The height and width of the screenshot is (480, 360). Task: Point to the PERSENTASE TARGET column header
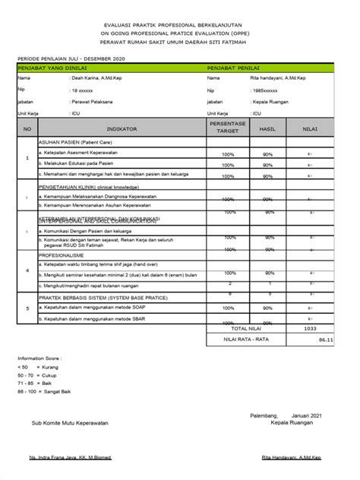tap(228, 130)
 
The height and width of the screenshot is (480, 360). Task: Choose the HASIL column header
tap(268, 130)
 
